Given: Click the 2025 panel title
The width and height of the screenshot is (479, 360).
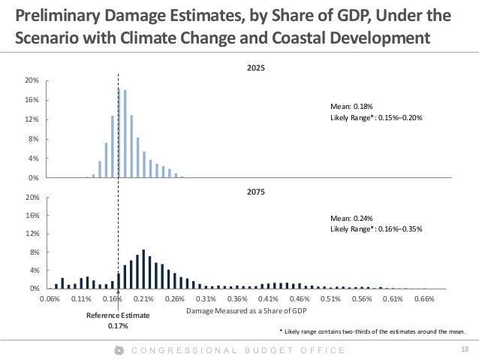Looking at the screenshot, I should (256, 68).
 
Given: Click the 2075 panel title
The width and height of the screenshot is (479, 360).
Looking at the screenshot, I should (256, 191).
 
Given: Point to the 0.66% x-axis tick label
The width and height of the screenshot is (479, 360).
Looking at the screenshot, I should (424, 298).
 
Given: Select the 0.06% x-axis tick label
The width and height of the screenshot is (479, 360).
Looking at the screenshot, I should (50, 298).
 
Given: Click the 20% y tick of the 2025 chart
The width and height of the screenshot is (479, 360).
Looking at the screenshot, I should (33, 80).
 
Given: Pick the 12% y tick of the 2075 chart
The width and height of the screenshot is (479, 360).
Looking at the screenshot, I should (33, 234).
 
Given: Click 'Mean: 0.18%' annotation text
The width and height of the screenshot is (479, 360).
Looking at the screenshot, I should (350, 107).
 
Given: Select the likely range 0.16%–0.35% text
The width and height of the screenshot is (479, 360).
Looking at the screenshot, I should (371, 228).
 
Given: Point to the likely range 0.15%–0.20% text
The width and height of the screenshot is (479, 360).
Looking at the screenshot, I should (371, 117).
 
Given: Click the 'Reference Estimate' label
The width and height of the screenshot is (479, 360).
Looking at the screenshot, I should (119, 316).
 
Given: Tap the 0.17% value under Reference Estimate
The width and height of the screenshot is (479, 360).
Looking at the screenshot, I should (119, 326).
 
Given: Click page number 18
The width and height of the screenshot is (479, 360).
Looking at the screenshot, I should (464, 350).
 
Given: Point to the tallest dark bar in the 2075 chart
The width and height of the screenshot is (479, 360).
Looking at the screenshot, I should (143, 269).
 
